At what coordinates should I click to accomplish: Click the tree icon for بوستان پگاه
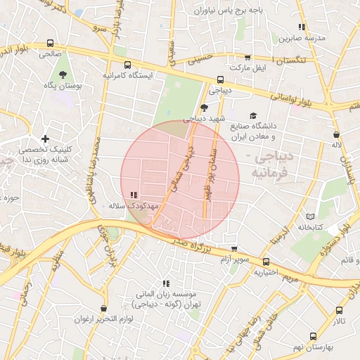pyautogui.click(x=64, y=74)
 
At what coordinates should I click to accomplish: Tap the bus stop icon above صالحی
pyautogui.click(x=49, y=42)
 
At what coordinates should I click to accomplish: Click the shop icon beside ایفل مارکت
pyautogui.click(x=247, y=58)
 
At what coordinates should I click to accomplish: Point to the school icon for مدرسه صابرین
pyautogui.click(x=302, y=27)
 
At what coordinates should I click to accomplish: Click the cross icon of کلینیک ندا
pyautogui.click(x=46, y=139)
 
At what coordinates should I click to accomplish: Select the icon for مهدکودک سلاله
pyautogui.click(x=134, y=195)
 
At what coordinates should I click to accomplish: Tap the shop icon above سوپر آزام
pyautogui.click(x=234, y=249)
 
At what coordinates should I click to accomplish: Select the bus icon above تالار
pyautogui.click(x=340, y=310)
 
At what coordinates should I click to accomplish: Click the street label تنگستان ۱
pyautogui.click(x=288, y=62)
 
